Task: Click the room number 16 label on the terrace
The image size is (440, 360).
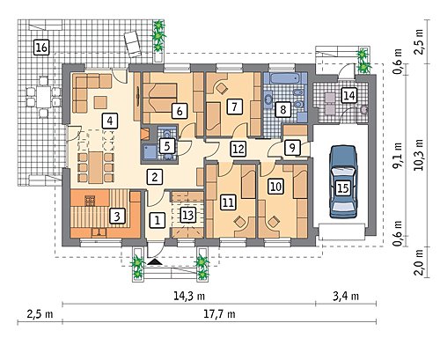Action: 41,48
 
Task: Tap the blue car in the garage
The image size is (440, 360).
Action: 343,182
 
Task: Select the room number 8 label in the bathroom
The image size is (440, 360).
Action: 283,109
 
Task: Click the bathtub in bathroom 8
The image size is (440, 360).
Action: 284,78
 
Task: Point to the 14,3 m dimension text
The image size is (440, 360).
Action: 189,296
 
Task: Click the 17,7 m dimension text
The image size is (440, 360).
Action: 219,314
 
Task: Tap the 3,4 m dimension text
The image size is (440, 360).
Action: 346,296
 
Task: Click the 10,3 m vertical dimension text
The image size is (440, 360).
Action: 419,155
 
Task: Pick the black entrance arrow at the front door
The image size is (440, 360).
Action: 155,262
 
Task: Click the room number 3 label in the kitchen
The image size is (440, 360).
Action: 117,217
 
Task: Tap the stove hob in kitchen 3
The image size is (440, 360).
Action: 90,201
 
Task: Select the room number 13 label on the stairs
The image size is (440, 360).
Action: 187,215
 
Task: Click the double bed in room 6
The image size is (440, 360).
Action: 160,98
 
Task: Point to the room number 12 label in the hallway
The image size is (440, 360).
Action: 238,149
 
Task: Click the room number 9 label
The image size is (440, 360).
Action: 292,148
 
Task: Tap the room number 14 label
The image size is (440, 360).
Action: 349,95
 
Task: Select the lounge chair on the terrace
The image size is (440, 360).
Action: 133,43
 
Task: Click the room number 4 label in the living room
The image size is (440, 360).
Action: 110,121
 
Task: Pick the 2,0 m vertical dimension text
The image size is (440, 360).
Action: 419,262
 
